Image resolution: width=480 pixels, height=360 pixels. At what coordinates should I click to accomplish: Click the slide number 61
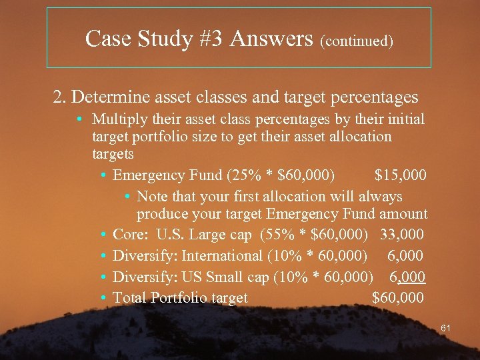(447, 328)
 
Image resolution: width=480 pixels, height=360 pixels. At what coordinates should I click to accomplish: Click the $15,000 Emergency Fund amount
(400, 175)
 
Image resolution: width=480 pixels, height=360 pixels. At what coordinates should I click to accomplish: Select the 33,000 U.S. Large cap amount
(401, 235)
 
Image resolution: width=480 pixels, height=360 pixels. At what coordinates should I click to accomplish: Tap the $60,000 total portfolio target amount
(397, 298)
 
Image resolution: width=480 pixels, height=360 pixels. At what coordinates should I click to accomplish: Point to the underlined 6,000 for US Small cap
(407, 277)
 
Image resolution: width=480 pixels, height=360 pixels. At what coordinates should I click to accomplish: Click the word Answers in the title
(271, 39)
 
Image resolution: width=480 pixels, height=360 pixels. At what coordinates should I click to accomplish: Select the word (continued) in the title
(357, 41)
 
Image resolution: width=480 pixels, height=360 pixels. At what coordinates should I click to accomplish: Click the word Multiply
(117, 120)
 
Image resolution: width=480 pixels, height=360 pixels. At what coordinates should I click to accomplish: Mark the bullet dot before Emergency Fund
(105, 176)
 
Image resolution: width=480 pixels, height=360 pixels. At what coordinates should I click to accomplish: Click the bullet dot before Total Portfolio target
(105, 298)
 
